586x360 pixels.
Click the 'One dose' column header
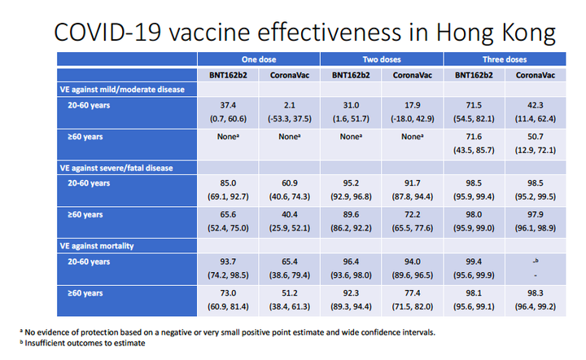(x=259, y=59)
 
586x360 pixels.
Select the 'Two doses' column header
(x=382, y=59)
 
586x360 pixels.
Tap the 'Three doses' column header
(x=505, y=59)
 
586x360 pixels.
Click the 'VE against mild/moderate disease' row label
(x=122, y=90)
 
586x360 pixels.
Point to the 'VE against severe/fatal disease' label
(x=116, y=169)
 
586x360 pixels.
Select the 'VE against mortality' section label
(x=97, y=246)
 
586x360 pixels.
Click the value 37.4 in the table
(x=228, y=105)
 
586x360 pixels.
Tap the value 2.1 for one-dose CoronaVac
(x=289, y=105)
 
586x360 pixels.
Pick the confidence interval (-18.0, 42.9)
(x=412, y=119)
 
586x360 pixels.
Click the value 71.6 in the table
(x=474, y=137)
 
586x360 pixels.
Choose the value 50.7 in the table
(x=536, y=137)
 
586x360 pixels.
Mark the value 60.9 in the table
(x=289, y=183)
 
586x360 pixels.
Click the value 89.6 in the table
(x=351, y=214)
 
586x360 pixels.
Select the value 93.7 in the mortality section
(x=228, y=261)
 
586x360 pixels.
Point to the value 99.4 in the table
(x=474, y=261)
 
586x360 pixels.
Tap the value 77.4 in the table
(x=412, y=293)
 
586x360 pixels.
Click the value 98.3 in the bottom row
(x=536, y=293)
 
